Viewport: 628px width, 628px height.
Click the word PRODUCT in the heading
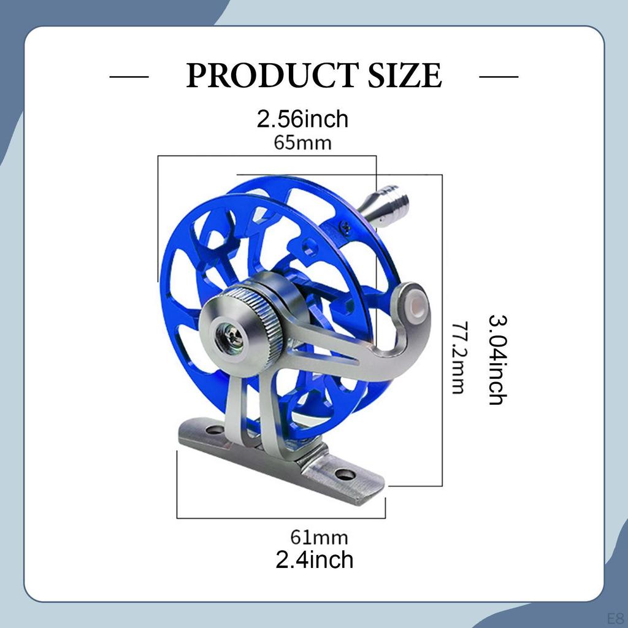(270, 76)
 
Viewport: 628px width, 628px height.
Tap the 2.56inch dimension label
(302, 118)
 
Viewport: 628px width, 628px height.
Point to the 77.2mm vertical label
(458, 358)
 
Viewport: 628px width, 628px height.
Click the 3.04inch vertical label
(496, 359)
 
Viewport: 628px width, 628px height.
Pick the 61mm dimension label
(319, 538)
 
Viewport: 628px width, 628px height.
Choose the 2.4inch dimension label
(314, 559)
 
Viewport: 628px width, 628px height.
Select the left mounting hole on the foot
(215, 430)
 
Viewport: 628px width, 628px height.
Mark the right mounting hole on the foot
(345, 474)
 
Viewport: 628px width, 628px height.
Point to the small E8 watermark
(614, 617)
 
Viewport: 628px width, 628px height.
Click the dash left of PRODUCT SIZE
(129, 77)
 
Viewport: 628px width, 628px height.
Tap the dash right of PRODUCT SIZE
(498, 77)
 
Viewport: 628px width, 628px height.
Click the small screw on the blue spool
(346, 228)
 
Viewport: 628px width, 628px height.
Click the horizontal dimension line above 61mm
(281, 518)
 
